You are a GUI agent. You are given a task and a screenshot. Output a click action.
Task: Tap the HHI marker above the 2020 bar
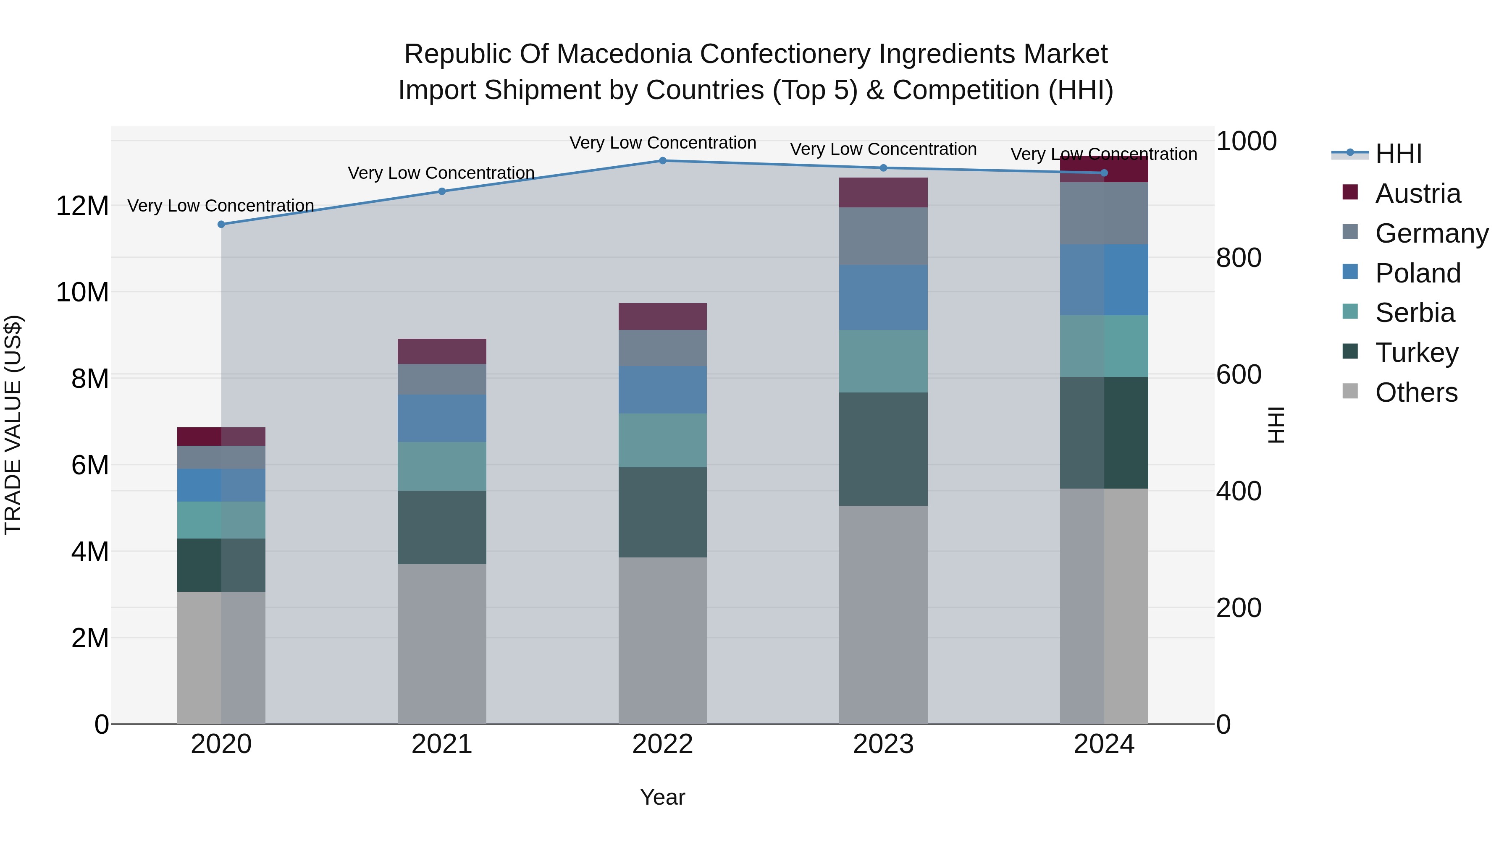tap(221, 224)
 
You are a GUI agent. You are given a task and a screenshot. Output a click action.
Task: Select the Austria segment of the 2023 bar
tap(883, 192)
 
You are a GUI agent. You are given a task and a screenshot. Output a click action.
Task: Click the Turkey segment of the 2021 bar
tap(441, 527)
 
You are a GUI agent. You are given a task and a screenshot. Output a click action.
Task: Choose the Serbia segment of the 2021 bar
tap(441, 466)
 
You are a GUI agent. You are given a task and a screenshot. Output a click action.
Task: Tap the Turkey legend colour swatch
tap(1350, 351)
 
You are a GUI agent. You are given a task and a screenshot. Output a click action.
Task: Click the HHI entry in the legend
tap(1398, 154)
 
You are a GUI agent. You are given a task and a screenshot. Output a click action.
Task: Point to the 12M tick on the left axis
tap(82, 206)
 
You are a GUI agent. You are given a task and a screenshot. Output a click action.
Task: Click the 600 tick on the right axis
tap(1239, 374)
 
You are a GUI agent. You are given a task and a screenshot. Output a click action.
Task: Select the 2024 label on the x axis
tap(1103, 744)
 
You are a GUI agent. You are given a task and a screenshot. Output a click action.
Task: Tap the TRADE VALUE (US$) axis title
tap(13, 425)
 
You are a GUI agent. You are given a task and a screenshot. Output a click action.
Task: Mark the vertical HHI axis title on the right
tap(1276, 425)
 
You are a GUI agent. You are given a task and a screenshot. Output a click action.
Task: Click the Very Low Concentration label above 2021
tap(441, 173)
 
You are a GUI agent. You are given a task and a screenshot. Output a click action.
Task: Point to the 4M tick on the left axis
tap(89, 552)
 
